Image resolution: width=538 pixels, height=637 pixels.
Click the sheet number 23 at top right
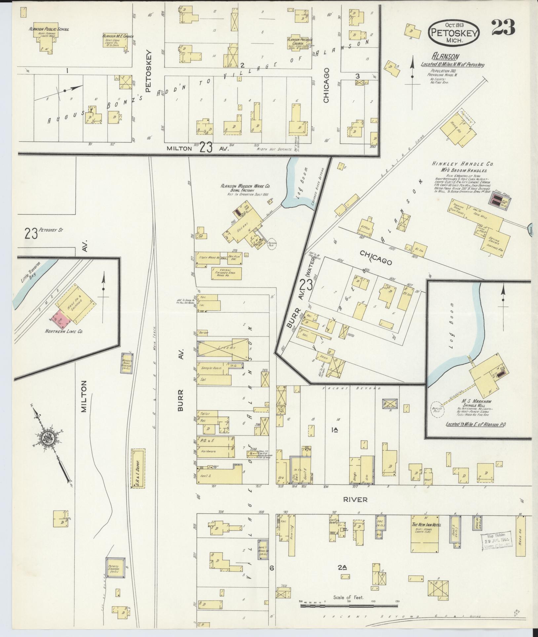click(x=503, y=28)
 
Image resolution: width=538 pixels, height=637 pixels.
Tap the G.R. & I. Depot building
click(x=137, y=468)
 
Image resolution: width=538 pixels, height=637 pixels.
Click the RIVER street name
click(x=355, y=499)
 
